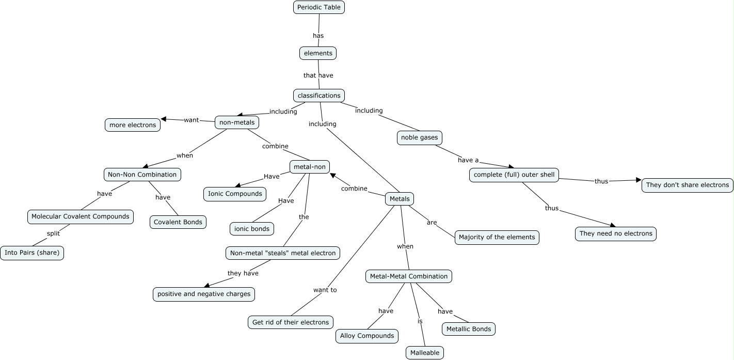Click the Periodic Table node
(318, 7)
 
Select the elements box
(318, 53)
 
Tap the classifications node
(319, 96)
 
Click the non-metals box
(237, 122)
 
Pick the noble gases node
(420, 138)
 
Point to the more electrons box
(133, 125)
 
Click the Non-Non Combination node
(142, 175)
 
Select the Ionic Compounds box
(235, 194)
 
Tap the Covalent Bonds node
(178, 222)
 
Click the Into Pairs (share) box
(32, 253)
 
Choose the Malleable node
(424, 353)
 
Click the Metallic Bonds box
(469, 329)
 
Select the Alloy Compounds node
(367, 336)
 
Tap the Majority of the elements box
(497, 238)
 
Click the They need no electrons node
(616, 233)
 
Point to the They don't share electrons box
(687, 185)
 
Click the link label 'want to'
(325, 290)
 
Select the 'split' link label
(53, 233)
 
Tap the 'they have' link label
(243, 273)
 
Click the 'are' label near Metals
(432, 223)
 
